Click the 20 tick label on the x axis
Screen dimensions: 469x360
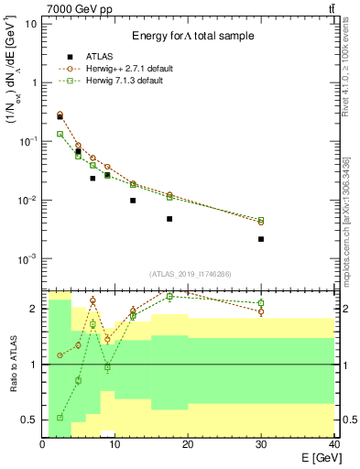coord(188,444)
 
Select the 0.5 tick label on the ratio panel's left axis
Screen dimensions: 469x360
coord(30,420)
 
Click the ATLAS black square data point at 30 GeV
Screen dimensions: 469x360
coord(261,239)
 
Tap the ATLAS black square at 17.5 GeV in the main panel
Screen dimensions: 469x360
coord(169,219)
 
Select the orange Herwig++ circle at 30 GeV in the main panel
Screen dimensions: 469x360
coord(261,223)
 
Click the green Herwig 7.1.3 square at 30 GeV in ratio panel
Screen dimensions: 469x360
coord(261,302)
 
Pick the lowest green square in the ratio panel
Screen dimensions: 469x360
coord(60,418)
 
